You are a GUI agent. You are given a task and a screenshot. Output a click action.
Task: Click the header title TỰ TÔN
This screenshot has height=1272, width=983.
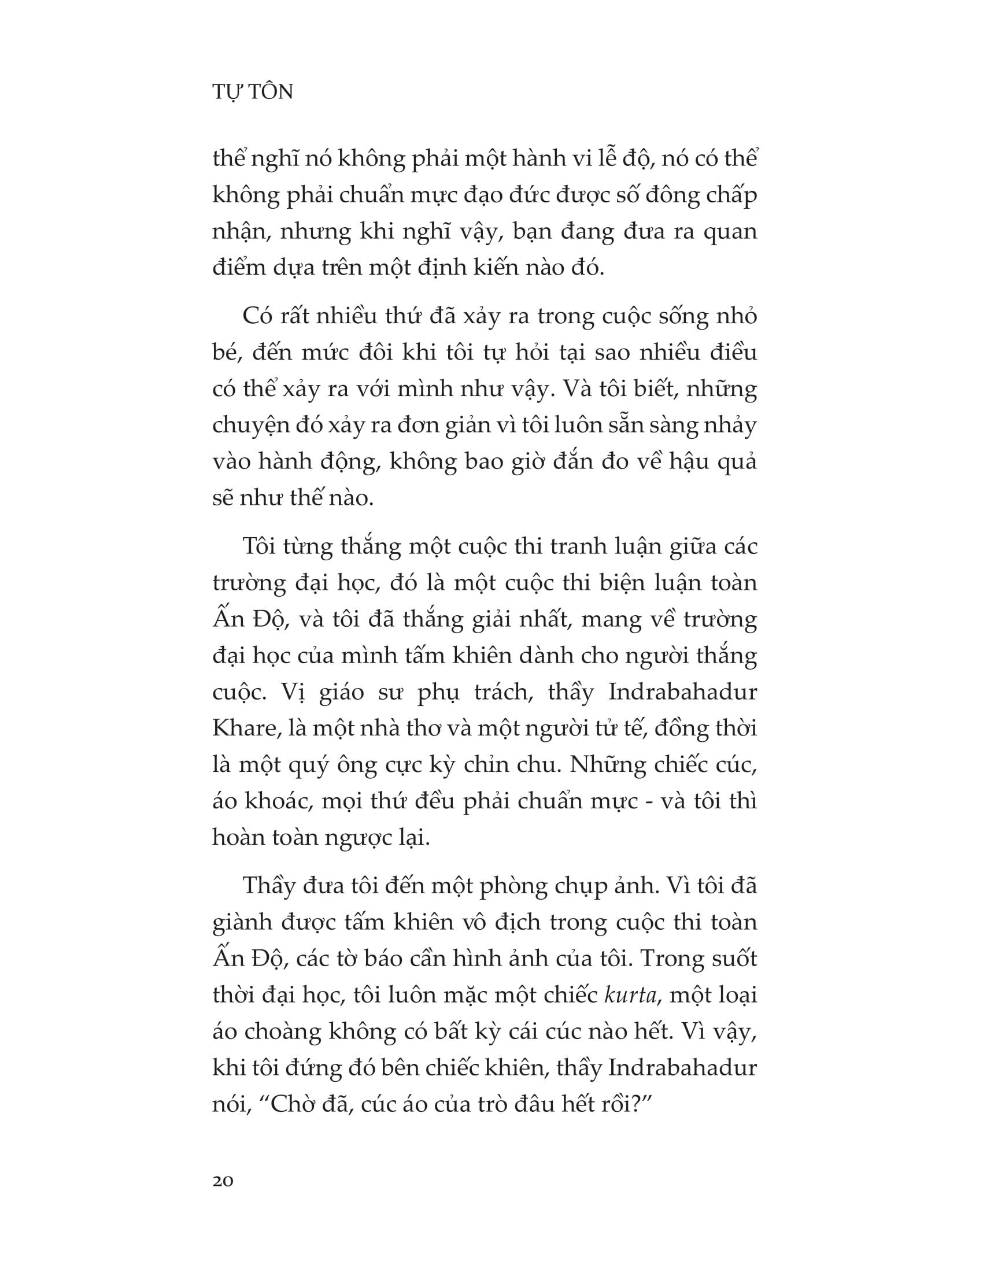point(253,92)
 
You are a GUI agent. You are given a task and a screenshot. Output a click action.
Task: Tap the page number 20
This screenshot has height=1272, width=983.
point(223,1181)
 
